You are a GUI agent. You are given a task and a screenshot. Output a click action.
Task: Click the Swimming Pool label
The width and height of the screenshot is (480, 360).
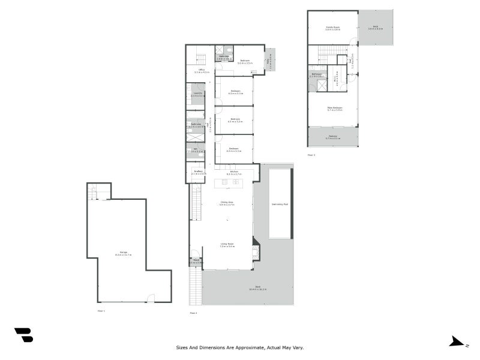[280, 205]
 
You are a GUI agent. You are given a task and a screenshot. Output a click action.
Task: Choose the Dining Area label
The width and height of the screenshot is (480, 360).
[227, 203]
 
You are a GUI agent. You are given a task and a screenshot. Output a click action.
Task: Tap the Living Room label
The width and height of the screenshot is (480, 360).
[227, 245]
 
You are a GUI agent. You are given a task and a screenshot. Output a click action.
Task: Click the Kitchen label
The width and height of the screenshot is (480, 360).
[230, 173]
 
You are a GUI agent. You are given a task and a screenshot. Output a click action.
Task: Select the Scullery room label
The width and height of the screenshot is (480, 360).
[195, 172]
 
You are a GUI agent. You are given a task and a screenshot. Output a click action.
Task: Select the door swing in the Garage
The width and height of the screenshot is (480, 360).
[151, 298]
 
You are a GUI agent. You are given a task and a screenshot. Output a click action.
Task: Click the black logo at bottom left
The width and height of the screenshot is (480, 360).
[23, 335]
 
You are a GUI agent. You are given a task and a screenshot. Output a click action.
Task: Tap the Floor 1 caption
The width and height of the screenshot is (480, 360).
[101, 311]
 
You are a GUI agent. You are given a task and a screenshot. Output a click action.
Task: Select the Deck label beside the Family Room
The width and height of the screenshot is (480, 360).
[375, 28]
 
